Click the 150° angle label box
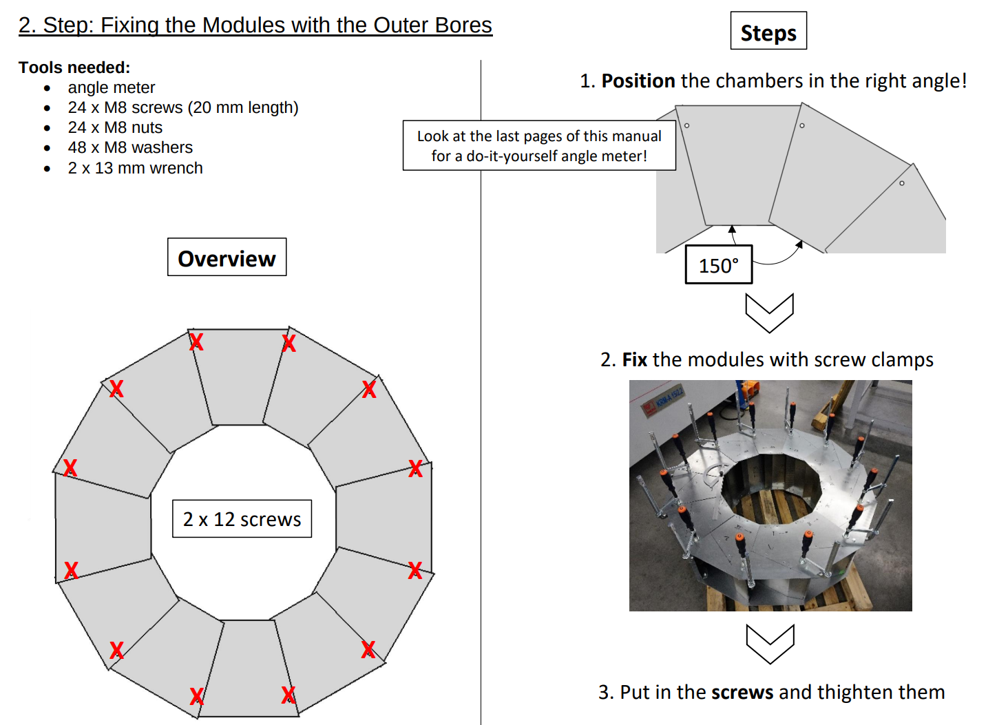[x=718, y=265]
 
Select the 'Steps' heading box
[x=768, y=32]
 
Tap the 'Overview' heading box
[x=227, y=258]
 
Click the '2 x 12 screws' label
[x=242, y=519]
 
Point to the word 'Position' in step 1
[x=638, y=81]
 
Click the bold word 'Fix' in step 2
[x=634, y=360]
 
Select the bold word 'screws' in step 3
[x=742, y=692]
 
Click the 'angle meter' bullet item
[x=111, y=87]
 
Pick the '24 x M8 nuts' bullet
[x=115, y=127]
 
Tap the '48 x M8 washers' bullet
[x=130, y=147]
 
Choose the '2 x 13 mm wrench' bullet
[x=135, y=168]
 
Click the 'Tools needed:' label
[x=74, y=67]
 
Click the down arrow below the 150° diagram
[x=769, y=312]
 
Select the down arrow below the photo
[x=770, y=643]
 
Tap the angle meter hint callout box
[x=538, y=146]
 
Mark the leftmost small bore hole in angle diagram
[x=686, y=125]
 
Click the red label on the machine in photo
[x=649, y=408]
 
